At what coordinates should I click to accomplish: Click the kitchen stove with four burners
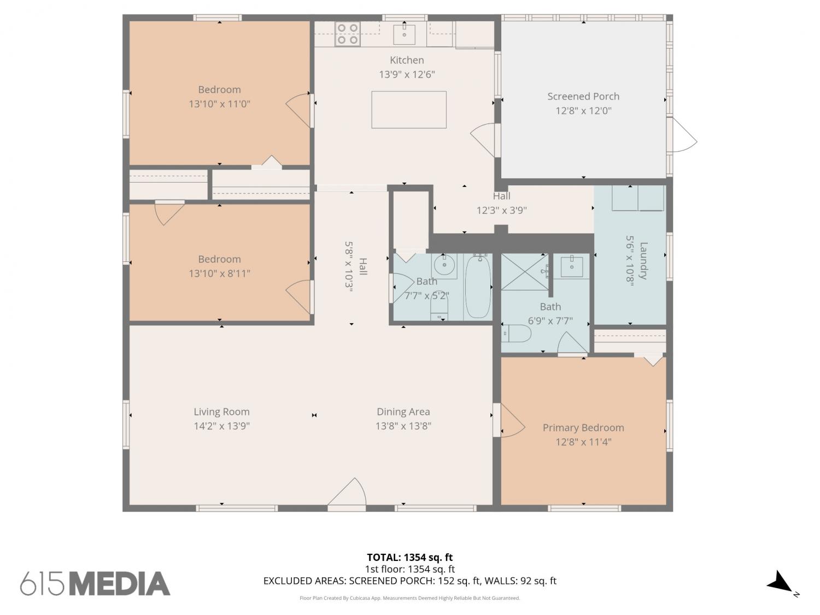(348, 34)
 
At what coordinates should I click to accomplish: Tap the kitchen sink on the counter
(404, 34)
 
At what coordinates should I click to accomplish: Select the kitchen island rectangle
(409, 110)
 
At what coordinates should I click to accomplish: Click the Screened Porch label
(583, 96)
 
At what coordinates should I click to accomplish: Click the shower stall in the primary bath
(525, 272)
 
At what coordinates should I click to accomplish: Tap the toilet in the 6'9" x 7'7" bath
(516, 333)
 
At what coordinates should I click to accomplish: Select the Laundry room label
(643, 261)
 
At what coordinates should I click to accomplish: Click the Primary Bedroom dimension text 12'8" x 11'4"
(583, 442)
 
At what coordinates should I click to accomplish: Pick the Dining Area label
(403, 412)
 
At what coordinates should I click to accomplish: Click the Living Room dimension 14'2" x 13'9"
(221, 426)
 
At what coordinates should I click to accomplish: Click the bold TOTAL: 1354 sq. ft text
(409, 557)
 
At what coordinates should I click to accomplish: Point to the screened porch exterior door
(682, 135)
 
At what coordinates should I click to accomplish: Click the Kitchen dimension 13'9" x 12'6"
(407, 74)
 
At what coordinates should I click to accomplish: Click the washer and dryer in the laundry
(638, 198)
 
